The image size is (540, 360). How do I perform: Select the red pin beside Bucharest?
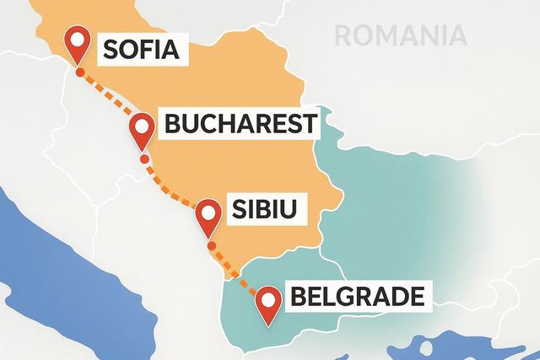(x=142, y=130)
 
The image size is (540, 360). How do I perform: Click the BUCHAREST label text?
(x=240, y=125)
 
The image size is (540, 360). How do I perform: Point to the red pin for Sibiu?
(x=208, y=217)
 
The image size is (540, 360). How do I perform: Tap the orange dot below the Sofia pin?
(x=79, y=73)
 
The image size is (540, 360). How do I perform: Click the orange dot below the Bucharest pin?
(x=144, y=158)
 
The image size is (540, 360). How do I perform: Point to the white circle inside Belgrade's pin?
(x=268, y=298)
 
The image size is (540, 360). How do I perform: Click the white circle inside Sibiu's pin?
(x=208, y=212)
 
